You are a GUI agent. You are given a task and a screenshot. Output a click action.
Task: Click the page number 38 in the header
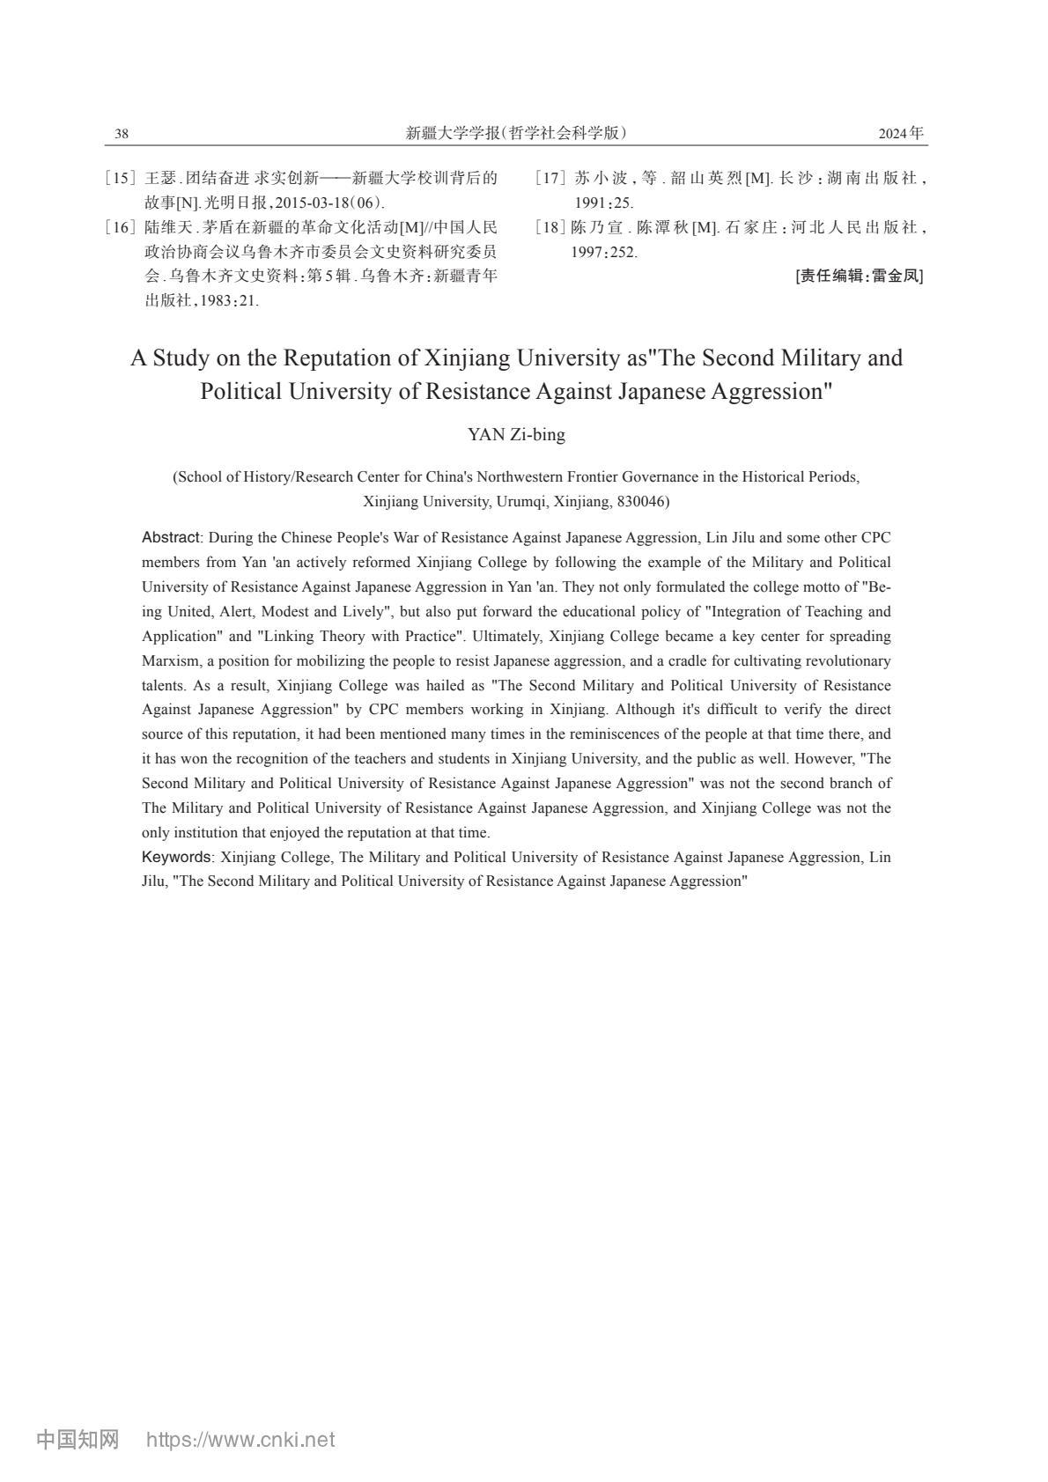tap(122, 134)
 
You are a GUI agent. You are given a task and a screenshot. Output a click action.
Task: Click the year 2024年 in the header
tap(901, 134)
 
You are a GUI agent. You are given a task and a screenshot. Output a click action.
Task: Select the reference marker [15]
tap(121, 178)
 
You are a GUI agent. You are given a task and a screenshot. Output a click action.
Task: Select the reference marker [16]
tap(121, 227)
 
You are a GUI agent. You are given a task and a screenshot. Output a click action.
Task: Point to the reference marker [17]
tap(550, 178)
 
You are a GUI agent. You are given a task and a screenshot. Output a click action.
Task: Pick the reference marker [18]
tap(550, 227)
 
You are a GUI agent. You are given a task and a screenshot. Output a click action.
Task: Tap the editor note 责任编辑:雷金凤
tap(860, 276)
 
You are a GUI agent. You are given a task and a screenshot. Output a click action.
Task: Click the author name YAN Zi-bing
tap(516, 434)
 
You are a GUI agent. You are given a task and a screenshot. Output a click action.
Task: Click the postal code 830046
tap(643, 501)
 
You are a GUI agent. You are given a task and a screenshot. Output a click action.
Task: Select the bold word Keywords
tap(176, 857)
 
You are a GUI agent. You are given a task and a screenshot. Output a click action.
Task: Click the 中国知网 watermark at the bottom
tap(77, 1440)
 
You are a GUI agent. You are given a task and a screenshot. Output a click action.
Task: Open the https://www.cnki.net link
tap(240, 1440)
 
